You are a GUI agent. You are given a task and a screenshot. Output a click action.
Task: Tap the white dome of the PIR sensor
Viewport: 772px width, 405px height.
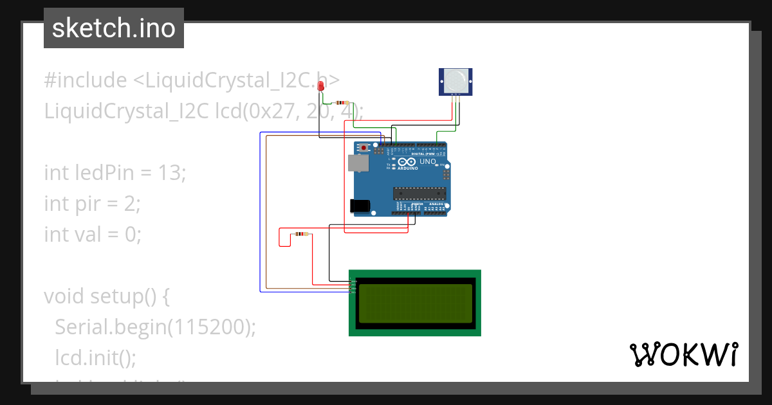click(x=455, y=80)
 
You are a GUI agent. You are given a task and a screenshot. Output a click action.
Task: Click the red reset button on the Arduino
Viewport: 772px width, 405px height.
click(x=364, y=148)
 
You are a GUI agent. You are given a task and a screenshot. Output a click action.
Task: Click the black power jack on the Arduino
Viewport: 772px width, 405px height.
click(x=360, y=206)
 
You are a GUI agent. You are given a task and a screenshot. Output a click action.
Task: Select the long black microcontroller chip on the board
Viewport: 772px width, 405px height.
click(x=419, y=193)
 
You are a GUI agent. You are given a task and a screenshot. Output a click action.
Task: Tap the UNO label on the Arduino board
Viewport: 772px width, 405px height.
click(x=428, y=161)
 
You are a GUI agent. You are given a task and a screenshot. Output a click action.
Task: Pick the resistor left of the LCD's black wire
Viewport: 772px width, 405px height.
click(x=300, y=234)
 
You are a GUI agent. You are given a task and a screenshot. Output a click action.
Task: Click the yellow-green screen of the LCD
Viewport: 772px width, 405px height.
click(x=415, y=303)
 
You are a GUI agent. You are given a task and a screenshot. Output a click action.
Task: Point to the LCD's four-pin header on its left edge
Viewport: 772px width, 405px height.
click(x=351, y=287)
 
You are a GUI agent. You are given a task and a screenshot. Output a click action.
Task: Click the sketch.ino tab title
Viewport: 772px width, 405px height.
click(x=114, y=28)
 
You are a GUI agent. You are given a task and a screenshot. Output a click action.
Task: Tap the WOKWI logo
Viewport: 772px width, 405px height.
click(x=683, y=354)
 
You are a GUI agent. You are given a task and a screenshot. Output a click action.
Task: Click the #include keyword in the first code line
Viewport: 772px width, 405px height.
click(x=86, y=80)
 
